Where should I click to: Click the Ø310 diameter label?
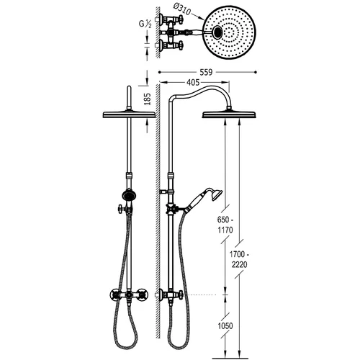(x=182, y=9)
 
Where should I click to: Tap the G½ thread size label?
(x=145, y=24)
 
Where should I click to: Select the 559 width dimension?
(x=206, y=72)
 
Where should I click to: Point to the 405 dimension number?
(x=193, y=82)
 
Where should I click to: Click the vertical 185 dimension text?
(x=147, y=99)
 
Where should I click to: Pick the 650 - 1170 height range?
(x=225, y=225)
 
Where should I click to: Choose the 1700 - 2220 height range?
(x=238, y=259)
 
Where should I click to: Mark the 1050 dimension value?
(x=225, y=326)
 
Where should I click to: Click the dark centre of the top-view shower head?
(x=218, y=32)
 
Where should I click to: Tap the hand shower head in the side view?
(x=217, y=194)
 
